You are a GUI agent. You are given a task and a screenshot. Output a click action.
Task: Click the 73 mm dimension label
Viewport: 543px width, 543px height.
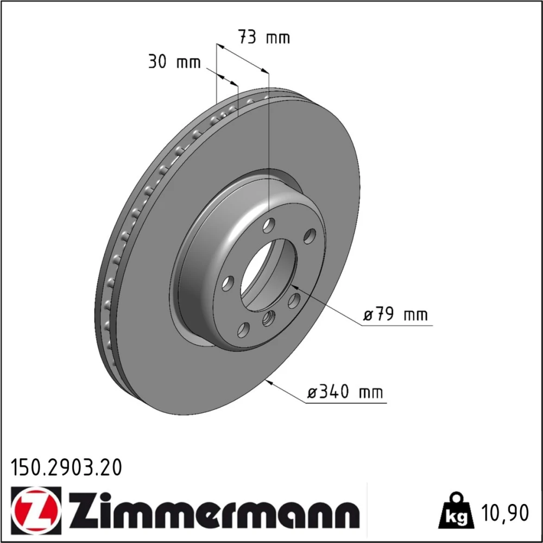(264, 37)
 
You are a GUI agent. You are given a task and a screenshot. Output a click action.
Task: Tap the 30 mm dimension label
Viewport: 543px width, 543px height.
(174, 62)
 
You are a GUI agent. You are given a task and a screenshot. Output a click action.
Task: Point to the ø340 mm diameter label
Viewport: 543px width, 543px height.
(345, 392)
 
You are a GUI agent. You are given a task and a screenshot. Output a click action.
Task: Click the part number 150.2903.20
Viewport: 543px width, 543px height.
(66, 468)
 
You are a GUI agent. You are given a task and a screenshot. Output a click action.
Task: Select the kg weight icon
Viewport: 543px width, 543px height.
(454, 510)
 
